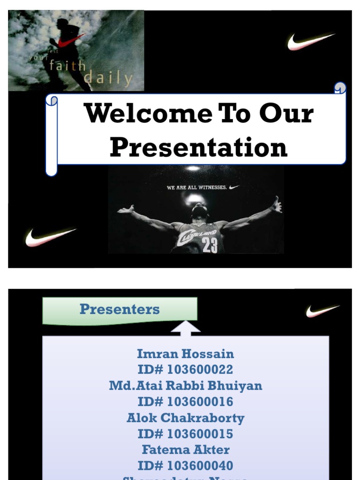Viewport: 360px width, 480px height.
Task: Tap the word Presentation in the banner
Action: point(198,147)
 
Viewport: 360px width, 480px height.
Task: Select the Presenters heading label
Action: point(120,309)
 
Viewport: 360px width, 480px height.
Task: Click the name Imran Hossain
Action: point(185,353)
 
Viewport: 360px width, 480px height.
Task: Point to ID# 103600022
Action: point(185,369)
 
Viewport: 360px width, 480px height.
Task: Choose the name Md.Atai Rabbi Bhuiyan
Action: point(185,385)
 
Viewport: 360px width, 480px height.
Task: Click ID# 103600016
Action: point(185,402)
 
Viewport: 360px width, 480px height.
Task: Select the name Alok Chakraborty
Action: point(185,418)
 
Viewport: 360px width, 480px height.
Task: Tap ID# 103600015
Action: point(185,434)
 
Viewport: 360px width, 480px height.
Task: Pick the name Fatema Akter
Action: point(185,450)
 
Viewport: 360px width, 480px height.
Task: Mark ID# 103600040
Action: point(185,465)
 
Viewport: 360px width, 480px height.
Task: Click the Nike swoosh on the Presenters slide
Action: point(322,311)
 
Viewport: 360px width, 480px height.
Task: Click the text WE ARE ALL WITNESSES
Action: point(197,187)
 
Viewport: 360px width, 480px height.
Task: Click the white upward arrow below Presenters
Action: point(186,327)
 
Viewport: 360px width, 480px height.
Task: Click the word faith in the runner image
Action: point(67,66)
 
